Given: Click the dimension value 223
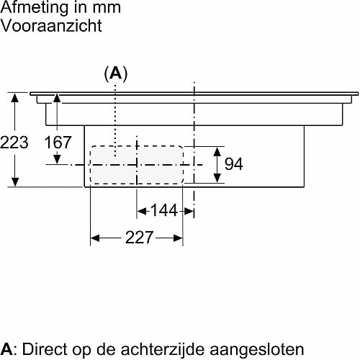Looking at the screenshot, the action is point(14,143).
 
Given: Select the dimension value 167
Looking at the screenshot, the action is point(58,142).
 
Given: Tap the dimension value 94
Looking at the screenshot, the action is point(233,164).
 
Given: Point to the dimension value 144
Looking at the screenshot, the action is point(164,210).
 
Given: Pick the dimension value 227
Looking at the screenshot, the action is point(139,238).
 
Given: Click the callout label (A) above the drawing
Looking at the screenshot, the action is point(116,73).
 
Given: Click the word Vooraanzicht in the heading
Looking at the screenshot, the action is point(51,25).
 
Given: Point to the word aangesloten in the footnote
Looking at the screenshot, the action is point(257,349).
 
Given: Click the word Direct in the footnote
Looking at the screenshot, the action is point(45,349).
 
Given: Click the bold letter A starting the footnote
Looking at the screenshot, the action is point(6,349).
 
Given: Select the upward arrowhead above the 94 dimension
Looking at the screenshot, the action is point(217,152).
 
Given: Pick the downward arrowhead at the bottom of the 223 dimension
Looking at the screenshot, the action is point(15,181).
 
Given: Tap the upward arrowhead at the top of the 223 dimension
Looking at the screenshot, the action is point(15,98).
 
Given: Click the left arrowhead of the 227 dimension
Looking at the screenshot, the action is point(95,238).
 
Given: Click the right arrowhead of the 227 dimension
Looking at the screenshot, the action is point(178,238).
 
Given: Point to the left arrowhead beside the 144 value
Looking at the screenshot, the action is point(142,212).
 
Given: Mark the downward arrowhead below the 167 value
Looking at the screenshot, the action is point(57,159).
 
